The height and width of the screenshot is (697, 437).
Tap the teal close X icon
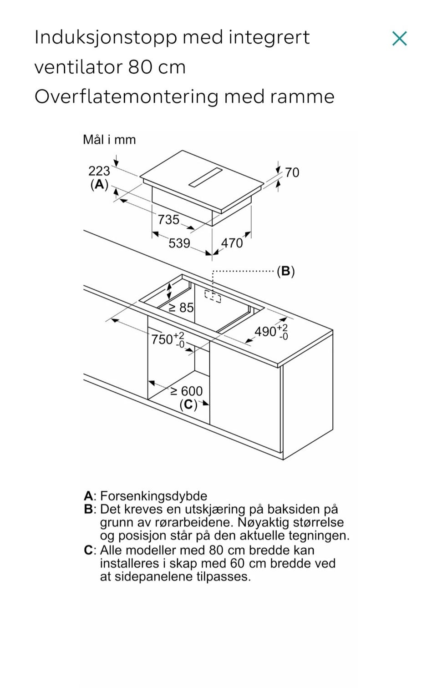[x=399, y=39]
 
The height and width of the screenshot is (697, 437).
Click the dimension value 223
[x=99, y=171]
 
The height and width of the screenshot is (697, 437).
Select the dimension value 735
[x=168, y=220]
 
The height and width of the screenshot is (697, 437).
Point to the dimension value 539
[x=179, y=243]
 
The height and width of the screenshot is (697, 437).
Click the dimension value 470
[x=232, y=243]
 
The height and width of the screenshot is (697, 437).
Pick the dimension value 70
[x=292, y=172]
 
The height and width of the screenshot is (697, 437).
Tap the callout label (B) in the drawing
[x=286, y=271]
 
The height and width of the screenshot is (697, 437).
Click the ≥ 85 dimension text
[x=181, y=308]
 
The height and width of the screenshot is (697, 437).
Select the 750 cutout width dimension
[x=168, y=339]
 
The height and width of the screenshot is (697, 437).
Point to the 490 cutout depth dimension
[x=271, y=332]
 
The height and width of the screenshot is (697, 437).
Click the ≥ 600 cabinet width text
[x=187, y=391]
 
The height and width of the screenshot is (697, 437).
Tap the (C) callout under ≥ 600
[x=188, y=405]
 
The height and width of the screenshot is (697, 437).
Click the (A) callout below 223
[x=99, y=185]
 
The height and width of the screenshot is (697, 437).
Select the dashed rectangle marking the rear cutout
[x=213, y=296]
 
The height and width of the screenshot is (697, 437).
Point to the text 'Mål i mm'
[x=109, y=140]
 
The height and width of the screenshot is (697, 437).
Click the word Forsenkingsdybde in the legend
[x=153, y=496]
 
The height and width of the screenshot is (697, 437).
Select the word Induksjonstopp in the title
[x=106, y=38]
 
